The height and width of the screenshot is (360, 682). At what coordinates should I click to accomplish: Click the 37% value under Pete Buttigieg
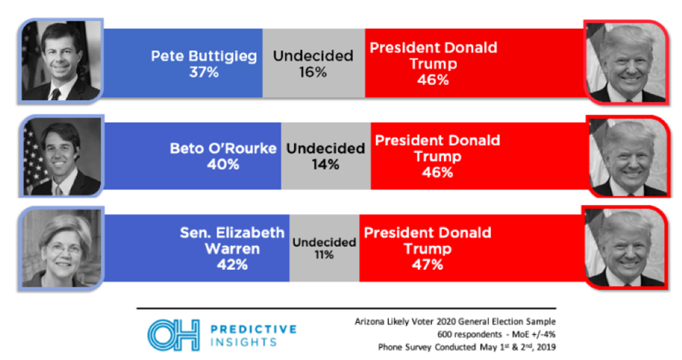point(205,73)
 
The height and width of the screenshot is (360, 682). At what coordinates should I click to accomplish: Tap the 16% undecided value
point(312,73)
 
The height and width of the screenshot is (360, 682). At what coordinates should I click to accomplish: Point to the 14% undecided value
point(324,164)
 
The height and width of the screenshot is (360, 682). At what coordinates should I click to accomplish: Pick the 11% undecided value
point(324,255)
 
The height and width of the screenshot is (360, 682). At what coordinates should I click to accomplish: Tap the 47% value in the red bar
point(427,265)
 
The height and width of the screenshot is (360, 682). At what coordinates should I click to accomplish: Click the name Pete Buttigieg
point(205,56)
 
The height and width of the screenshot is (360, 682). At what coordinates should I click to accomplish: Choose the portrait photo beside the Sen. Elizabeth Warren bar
point(61,248)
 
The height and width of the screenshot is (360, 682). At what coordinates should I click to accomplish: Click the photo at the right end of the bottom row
point(625,248)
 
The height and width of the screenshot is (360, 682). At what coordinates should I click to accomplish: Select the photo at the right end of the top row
point(625,62)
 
